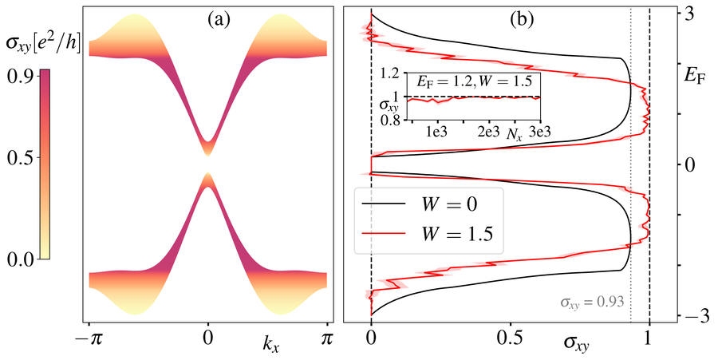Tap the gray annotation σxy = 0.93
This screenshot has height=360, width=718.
[590, 302]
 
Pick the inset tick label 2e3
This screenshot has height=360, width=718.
[487, 131]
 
